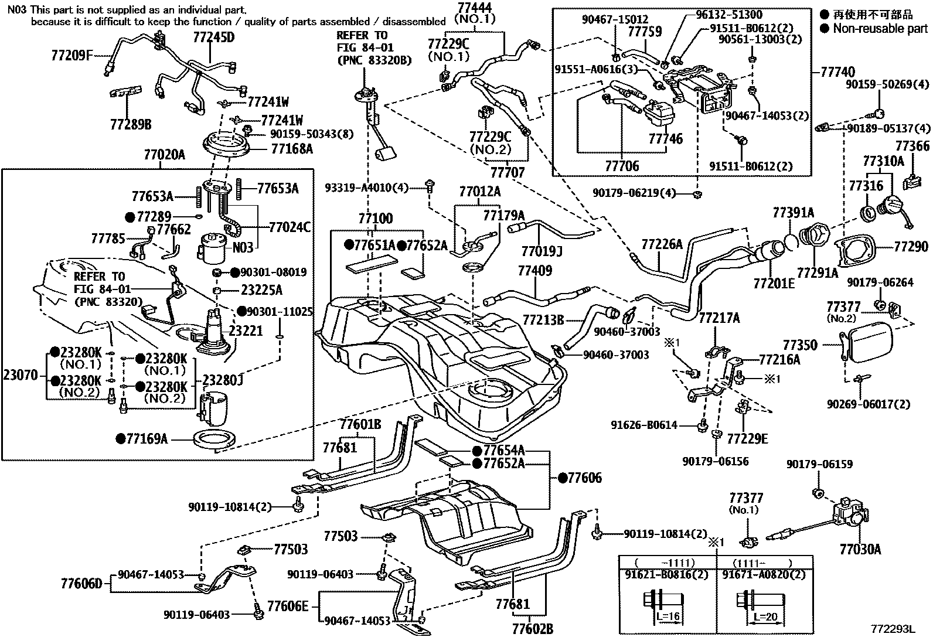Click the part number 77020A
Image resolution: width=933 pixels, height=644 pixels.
tap(164, 155)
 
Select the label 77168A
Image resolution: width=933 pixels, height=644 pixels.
tap(292, 149)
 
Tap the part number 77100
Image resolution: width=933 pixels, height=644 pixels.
tap(375, 219)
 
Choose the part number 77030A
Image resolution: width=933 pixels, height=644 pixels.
tap(860, 549)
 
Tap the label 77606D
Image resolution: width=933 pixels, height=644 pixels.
tap(81, 583)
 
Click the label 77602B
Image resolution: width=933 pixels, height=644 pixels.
tap(532, 629)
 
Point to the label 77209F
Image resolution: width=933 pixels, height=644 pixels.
tap(72, 56)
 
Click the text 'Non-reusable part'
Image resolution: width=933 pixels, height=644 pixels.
tap(880, 28)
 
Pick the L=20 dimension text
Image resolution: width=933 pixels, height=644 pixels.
tap(764, 617)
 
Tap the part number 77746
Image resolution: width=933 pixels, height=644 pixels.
tap(665, 139)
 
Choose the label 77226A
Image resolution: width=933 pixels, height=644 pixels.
tap(662, 244)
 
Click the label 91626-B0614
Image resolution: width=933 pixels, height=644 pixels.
tap(643, 425)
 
